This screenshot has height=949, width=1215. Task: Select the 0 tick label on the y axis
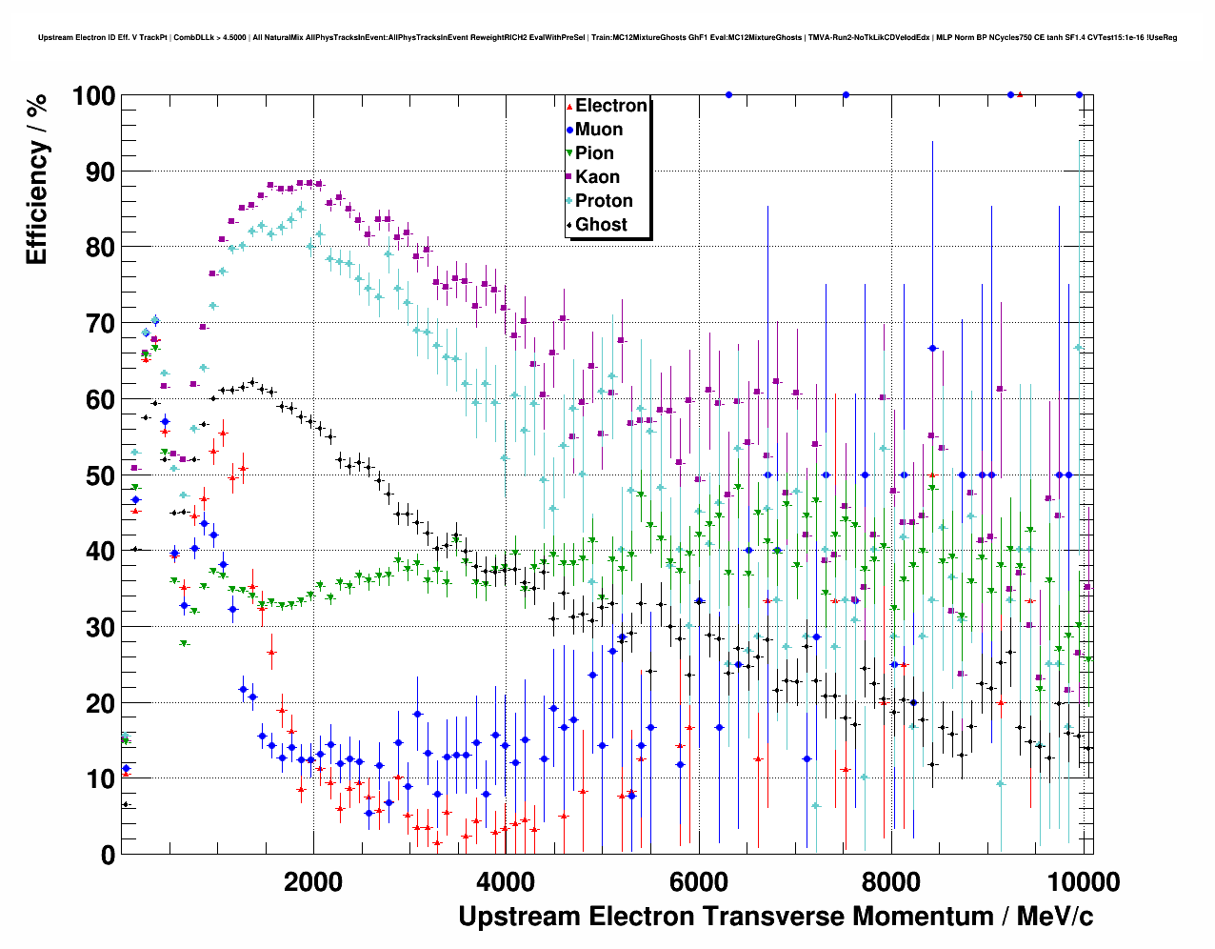pos(108,855)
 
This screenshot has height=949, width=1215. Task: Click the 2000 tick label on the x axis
pos(312,880)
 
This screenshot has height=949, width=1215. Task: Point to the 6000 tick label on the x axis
pos(698,880)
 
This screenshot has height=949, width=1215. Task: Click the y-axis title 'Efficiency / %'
pos(36,178)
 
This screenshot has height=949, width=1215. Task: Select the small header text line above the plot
pos(607,38)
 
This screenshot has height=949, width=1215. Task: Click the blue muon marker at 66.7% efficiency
pos(932,349)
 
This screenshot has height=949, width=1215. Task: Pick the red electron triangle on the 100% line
pos(1020,95)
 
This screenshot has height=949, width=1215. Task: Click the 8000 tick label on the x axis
pos(890,880)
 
